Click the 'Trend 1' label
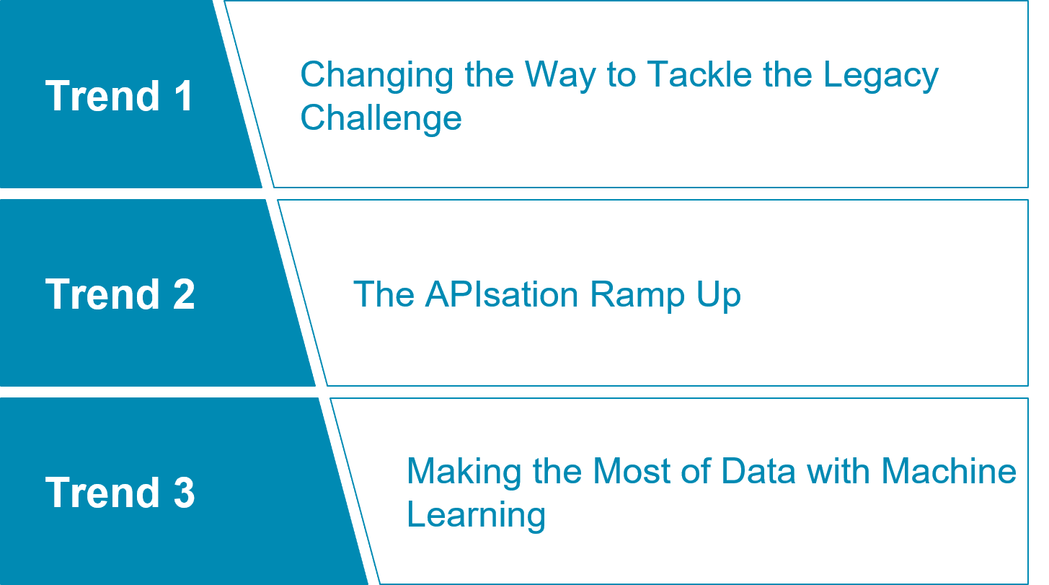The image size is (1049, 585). pos(119,95)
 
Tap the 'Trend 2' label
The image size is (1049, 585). pos(120,294)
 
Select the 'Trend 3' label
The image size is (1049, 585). pos(120,492)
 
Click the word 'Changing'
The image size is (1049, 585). pos(377,76)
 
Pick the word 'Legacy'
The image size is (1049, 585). pos(881,76)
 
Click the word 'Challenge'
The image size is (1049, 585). pos(381,119)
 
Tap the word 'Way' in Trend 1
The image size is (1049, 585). pos(560,76)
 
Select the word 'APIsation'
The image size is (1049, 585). pos(502,294)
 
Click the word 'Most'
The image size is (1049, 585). pos(632,471)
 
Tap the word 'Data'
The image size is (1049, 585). pos(758,471)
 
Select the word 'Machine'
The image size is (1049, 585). pos(949,471)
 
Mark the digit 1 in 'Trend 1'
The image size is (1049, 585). pos(184,95)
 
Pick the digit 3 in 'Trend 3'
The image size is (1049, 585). pos(184,492)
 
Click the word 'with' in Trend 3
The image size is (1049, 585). pos(838,471)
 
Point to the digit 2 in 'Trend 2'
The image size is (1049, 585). pos(184,294)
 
